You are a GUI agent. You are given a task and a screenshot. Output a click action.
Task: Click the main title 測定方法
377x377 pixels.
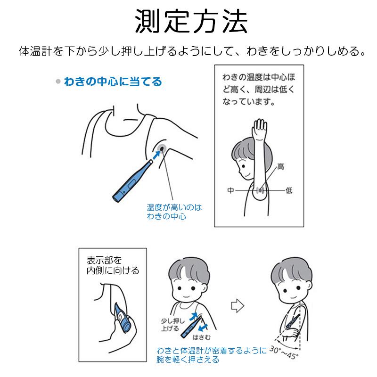tap(188, 21)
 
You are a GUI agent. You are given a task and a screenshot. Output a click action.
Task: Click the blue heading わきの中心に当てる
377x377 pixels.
tap(113, 82)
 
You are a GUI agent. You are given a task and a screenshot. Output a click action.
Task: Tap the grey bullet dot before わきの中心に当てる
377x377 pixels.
tap(58, 82)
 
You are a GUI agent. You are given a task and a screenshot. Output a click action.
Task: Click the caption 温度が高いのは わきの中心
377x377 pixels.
tap(171, 212)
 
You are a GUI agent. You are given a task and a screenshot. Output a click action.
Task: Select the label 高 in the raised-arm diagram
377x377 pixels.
tap(281, 166)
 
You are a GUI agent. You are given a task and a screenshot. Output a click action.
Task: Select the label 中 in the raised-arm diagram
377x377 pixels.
tap(230, 190)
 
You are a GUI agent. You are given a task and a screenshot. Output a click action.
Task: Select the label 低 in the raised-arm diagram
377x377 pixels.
tap(288, 190)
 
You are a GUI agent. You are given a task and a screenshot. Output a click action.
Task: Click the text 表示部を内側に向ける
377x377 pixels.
tap(112, 266)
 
